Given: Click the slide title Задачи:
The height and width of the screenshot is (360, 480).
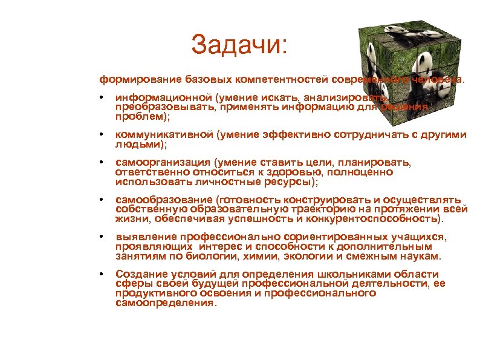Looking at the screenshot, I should (241, 44).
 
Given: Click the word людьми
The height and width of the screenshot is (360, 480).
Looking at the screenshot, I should (138, 145).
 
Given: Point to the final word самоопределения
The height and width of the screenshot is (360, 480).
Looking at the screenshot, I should (164, 303).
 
